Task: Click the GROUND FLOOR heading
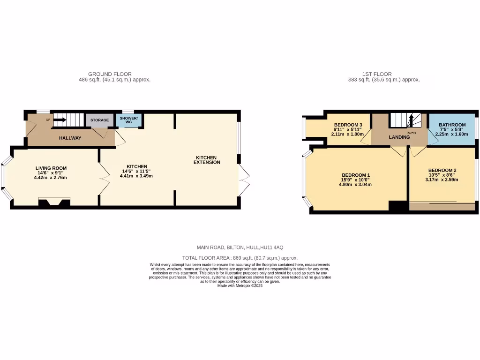point(110,74)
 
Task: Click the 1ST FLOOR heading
point(377,74)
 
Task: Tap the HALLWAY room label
point(70,138)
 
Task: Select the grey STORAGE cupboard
point(99,120)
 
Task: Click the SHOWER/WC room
point(129,120)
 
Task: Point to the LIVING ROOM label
point(51,168)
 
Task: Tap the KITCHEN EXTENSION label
point(207,159)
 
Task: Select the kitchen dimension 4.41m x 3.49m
point(136,176)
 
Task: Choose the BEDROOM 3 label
point(348,124)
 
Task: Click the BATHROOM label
point(452,125)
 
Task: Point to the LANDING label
point(399,137)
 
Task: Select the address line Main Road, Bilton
point(240,247)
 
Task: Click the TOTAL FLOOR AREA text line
point(240,258)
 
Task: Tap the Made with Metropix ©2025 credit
point(240,285)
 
